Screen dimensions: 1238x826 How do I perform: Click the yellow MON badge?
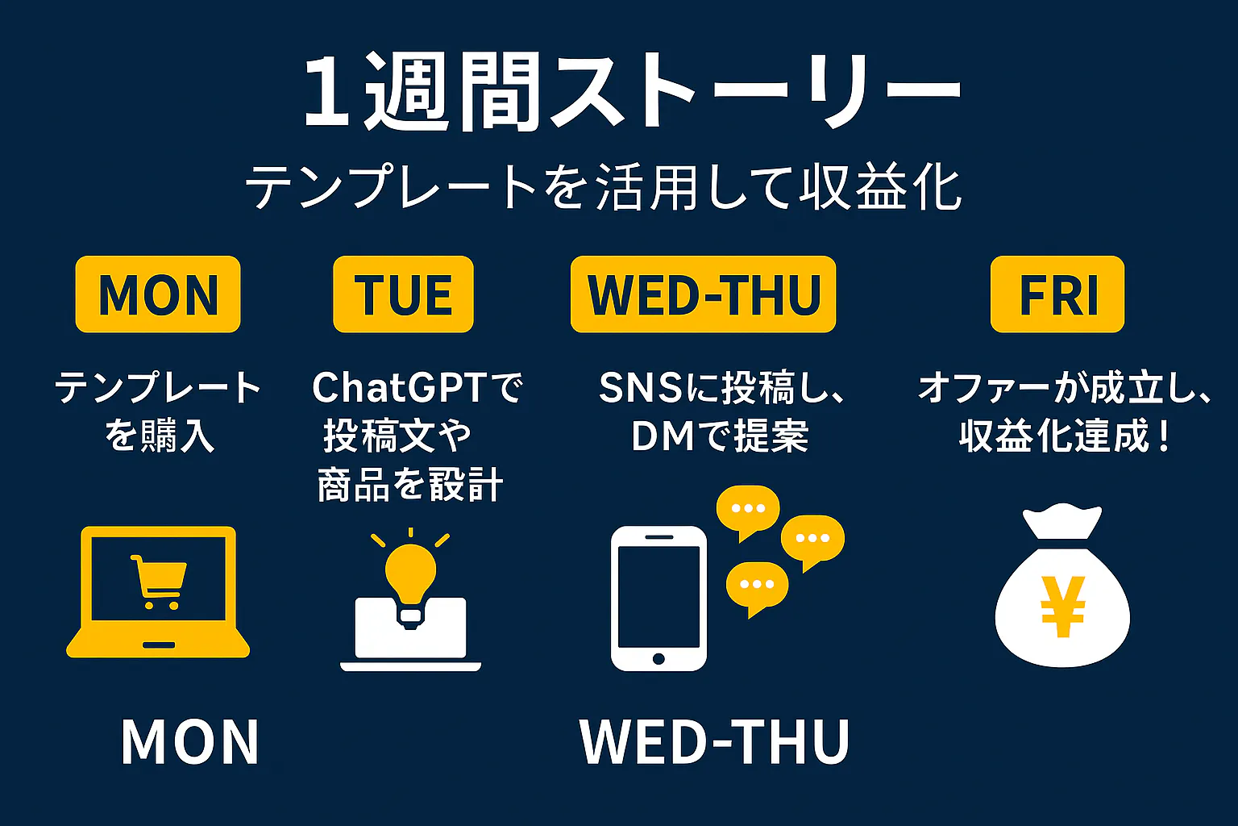[x=158, y=294]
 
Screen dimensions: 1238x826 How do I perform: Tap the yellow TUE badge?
[x=404, y=294]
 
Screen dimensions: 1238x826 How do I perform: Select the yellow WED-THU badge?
[x=703, y=294]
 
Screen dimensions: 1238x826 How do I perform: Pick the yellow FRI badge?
[x=1057, y=294]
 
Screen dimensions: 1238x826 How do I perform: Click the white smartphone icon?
[x=658, y=599]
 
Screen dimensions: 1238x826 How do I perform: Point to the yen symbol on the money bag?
[x=1062, y=607]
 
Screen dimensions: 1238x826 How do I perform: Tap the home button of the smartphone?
[x=658, y=658]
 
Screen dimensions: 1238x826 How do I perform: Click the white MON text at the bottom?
[x=189, y=741]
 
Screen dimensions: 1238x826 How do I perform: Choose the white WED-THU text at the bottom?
[x=715, y=741]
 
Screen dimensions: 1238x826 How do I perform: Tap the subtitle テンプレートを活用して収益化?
[x=604, y=186]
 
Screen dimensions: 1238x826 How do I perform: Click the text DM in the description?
[x=663, y=436]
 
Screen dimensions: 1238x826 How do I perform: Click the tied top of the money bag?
[x=1061, y=520]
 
